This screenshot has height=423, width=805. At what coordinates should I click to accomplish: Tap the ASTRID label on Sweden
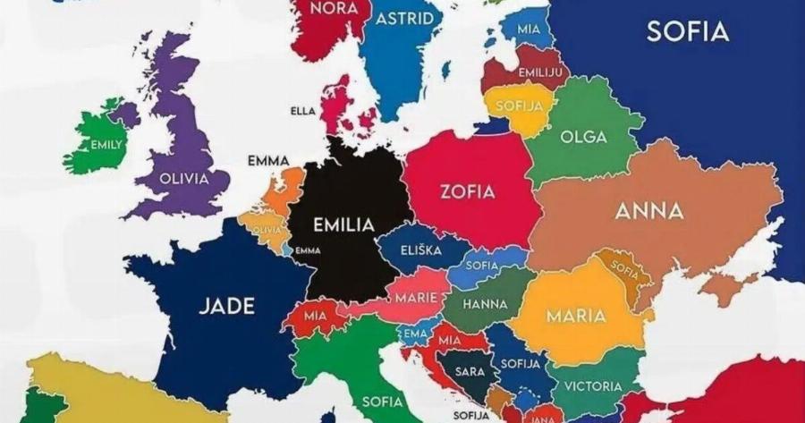pyautogui.click(x=404, y=19)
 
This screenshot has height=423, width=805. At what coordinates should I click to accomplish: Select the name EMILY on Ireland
pyautogui.click(x=106, y=145)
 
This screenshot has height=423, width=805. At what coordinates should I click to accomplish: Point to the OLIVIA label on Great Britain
pyautogui.click(x=183, y=178)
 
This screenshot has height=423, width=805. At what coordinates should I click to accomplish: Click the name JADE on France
pyautogui.click(x=226, y=306)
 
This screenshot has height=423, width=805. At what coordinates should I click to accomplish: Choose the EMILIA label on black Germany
pyautogui.click(x=343, y=225)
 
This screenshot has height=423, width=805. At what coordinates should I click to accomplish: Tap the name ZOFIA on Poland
pyautogui.click(x=467, y=190)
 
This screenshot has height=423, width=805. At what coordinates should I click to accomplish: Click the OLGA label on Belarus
pyautogui.click(x=582, y=137)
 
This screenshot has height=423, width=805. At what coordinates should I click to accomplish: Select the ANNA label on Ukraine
pyautogui.click(x=649, y=212)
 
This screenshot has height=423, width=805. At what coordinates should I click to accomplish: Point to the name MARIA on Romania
pyautogui.click(x=575, y=316)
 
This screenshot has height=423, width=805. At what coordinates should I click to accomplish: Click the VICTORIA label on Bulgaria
pyautogui.click(x=592, y=386)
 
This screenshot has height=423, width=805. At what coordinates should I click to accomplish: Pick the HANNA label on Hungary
pyautogui.click(x=485, y=304)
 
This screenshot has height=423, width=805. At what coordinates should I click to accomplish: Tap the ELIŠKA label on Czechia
pyautogui.click(x=420, y=250)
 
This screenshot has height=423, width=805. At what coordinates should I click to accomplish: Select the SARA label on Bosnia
pyautogui.click(x=470, y=371)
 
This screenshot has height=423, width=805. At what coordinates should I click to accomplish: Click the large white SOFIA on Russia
pyautogui.click(x=687, y=32)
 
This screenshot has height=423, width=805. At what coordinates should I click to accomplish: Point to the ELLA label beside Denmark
pyautogui.click(x=303, y=111)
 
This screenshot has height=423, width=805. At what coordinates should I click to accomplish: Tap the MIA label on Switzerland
pyautogui.click(x=314, y=316)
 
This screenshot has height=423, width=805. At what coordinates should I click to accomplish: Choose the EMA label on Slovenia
pyautogui.click(x=414, y=333)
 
